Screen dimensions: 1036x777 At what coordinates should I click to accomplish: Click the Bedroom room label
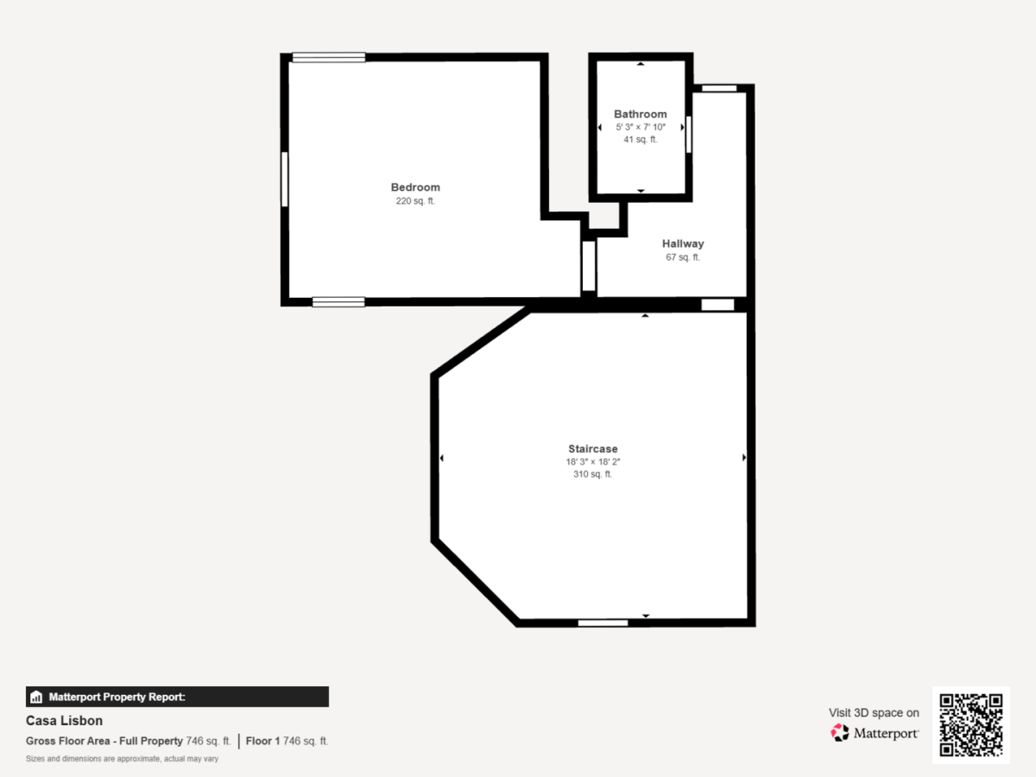(x=415, y=187)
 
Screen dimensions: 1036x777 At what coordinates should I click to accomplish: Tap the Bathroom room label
(x=640, y=114)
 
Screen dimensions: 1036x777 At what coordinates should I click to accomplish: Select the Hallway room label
(x=683, y=243)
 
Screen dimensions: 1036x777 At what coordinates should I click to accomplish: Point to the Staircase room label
(x=593, y=449)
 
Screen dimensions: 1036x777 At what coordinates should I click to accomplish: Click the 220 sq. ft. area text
(x=415, y=201)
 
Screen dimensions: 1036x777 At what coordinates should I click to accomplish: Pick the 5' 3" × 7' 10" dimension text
(x=641, y=128)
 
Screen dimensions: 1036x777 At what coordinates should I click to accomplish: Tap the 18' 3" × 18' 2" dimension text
(x=593, y=462)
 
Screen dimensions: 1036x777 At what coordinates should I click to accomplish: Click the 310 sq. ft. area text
(x=593, y=474)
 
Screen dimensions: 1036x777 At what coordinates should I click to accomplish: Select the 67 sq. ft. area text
(x=683, y=257)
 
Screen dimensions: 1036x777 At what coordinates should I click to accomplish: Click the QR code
(x=971, y=724)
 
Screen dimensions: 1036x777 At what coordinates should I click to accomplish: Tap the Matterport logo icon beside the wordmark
(x=840, y=733)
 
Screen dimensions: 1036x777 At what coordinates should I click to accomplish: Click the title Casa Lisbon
(x=64, y=720)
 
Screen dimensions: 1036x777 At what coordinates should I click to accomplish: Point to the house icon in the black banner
(x=36, y=697)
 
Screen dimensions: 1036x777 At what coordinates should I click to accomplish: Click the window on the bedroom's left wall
(x=285, y=180)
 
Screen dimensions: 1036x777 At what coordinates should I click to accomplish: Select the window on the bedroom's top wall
(x=329, y=58)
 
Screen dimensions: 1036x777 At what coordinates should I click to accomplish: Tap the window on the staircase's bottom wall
(x=603, y=623)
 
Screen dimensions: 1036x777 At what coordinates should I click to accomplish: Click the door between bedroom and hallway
(x=589, y=266)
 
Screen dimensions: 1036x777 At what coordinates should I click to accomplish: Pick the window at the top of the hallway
(x=719, y=88)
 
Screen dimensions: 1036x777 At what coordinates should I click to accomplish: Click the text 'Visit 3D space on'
(x=874, y=713)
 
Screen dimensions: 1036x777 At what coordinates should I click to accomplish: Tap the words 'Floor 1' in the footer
(x=263, y=741)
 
